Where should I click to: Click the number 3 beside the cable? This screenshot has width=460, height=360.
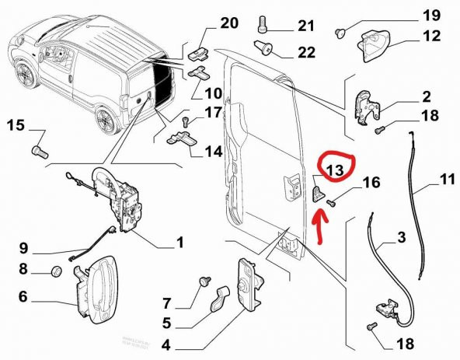401,238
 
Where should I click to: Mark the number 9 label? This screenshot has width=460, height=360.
23,250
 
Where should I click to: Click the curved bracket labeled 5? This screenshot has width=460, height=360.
220,299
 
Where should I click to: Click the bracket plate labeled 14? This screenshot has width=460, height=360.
184,140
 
